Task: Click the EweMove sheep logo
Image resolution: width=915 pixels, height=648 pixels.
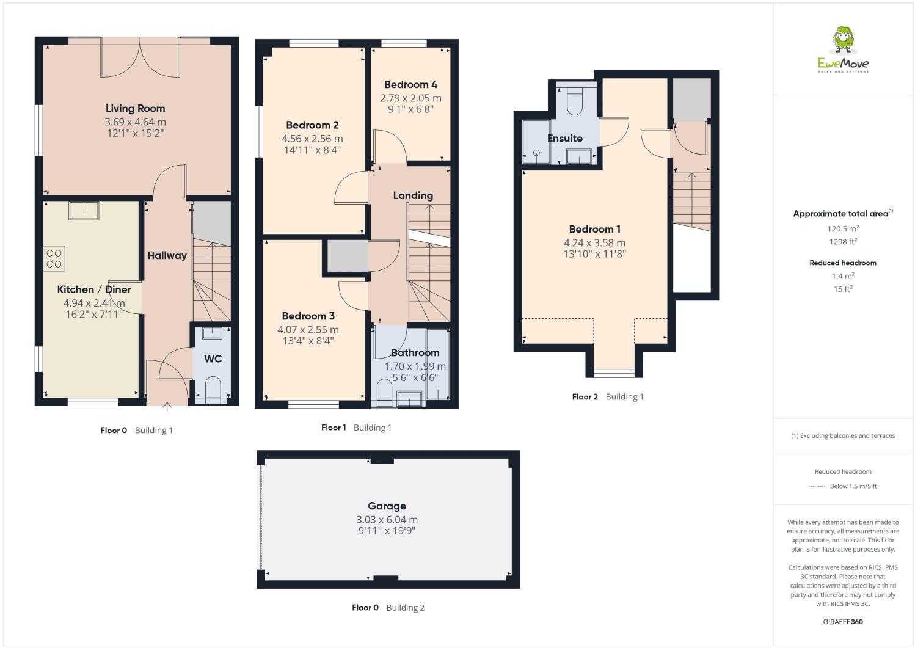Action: pyautogui.click(x=843, y=42)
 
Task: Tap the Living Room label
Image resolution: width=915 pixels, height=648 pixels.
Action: pyautogui.click(x=135, y=109)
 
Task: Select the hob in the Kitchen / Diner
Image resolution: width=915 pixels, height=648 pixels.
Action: pyautogui.click(x=54, y=258)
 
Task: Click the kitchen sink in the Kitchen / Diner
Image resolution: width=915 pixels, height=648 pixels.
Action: pyautogui.click(x=84, y=210)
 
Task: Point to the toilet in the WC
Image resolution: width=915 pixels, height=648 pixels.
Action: pyautogui.click(x=213, y=389)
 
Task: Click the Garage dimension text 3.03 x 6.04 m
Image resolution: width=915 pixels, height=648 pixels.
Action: pyautogui.click(x=387, y=520)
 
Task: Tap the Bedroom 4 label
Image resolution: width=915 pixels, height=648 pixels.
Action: pyautogui.click(x=410, y=85)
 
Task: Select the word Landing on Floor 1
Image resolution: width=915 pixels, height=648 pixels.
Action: pyautogui.click(x=413, y=195)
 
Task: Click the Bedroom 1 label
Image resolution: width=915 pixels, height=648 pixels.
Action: pyautogui.click(x=594, y=230)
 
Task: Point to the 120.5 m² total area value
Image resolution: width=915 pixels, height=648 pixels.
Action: pyautogui.click(x=843, y=229)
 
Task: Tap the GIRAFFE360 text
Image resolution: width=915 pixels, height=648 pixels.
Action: pyautogui.click(x=843, y=622)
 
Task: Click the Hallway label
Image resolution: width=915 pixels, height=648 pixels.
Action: pyautogui.click(x=167, y=256)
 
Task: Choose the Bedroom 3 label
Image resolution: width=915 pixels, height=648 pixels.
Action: pyautogui.click(x=308, y=316)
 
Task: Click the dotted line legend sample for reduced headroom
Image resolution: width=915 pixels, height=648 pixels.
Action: pyautogui.click(x=817, y=487)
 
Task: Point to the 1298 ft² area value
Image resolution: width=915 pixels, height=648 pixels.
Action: pyautogui.click(x=843, y=242)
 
